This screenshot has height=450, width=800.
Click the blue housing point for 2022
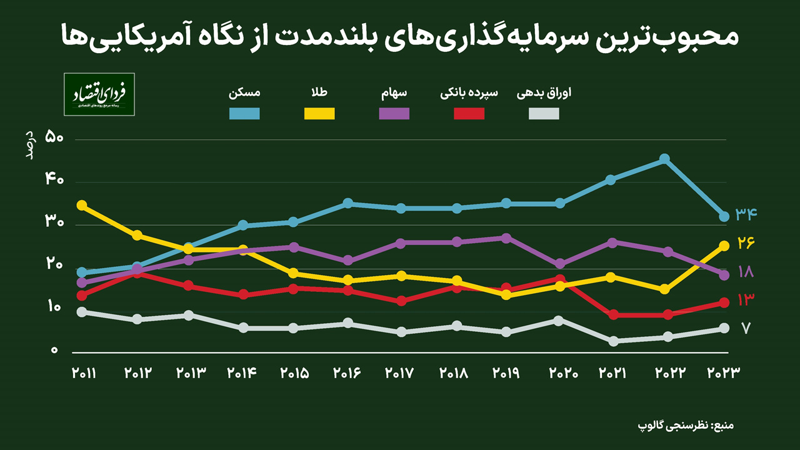click(x=664, y=159)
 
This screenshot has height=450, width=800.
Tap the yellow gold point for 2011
click(x=81, y=205)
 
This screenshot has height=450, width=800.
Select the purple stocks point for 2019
click(x=506, y=238)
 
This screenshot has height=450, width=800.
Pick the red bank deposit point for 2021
click(x=613, y=315)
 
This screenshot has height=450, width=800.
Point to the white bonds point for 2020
click(x=559, y=320)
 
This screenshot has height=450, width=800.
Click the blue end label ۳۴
click(x=746, y=214)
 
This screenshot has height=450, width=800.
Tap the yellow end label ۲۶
click(x=746, y=242)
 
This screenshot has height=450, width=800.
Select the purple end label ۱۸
click(x=746, y=272)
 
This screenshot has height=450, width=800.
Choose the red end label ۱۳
click(x=746, y=300)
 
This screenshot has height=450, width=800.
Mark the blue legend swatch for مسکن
click(x=244, y=113)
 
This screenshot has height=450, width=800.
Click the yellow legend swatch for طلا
click(x=319, y=113)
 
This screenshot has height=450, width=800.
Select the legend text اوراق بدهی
click(x=544, y=94)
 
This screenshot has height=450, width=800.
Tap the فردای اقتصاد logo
click(x=99, y=94)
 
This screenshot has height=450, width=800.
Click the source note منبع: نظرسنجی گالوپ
click(x=685, y=426)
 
